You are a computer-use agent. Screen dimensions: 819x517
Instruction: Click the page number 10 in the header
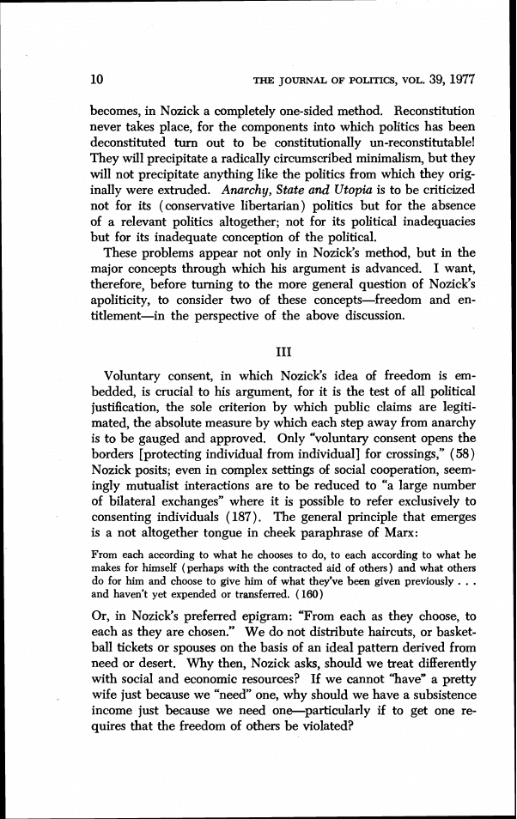click(x=97, y=81)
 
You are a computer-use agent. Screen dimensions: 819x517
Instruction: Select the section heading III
click(x=283, y=351)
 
